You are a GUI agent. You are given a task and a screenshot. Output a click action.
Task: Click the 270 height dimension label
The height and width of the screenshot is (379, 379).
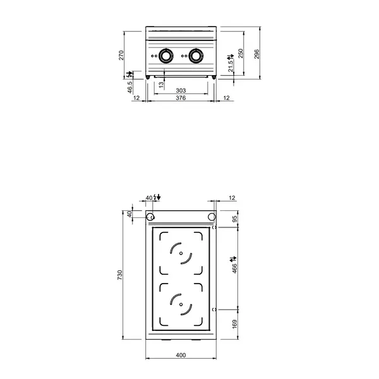tap(121, 55)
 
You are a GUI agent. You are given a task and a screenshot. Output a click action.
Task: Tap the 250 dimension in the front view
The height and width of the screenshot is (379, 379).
tap(240, 53)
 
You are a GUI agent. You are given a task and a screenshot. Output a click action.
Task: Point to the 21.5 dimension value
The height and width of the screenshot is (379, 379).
tap(231, 66)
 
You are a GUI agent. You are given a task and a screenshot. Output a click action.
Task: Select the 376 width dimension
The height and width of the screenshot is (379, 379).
tap(181, 99)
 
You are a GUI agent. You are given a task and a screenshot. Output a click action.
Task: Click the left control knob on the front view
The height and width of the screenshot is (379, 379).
tap(166, 56)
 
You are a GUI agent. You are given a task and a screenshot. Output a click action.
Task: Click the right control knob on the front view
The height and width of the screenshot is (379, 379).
tap(196, 56)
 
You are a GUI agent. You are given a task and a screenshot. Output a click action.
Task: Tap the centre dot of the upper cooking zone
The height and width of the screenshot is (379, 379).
tap(182, 255)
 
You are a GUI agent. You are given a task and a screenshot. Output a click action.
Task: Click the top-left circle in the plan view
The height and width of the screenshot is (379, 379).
tap(150, 218)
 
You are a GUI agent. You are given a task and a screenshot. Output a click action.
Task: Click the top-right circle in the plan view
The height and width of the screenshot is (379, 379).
tap(211, 218)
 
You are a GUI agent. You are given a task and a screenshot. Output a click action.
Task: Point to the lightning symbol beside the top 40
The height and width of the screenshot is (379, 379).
tap(157, 198)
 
